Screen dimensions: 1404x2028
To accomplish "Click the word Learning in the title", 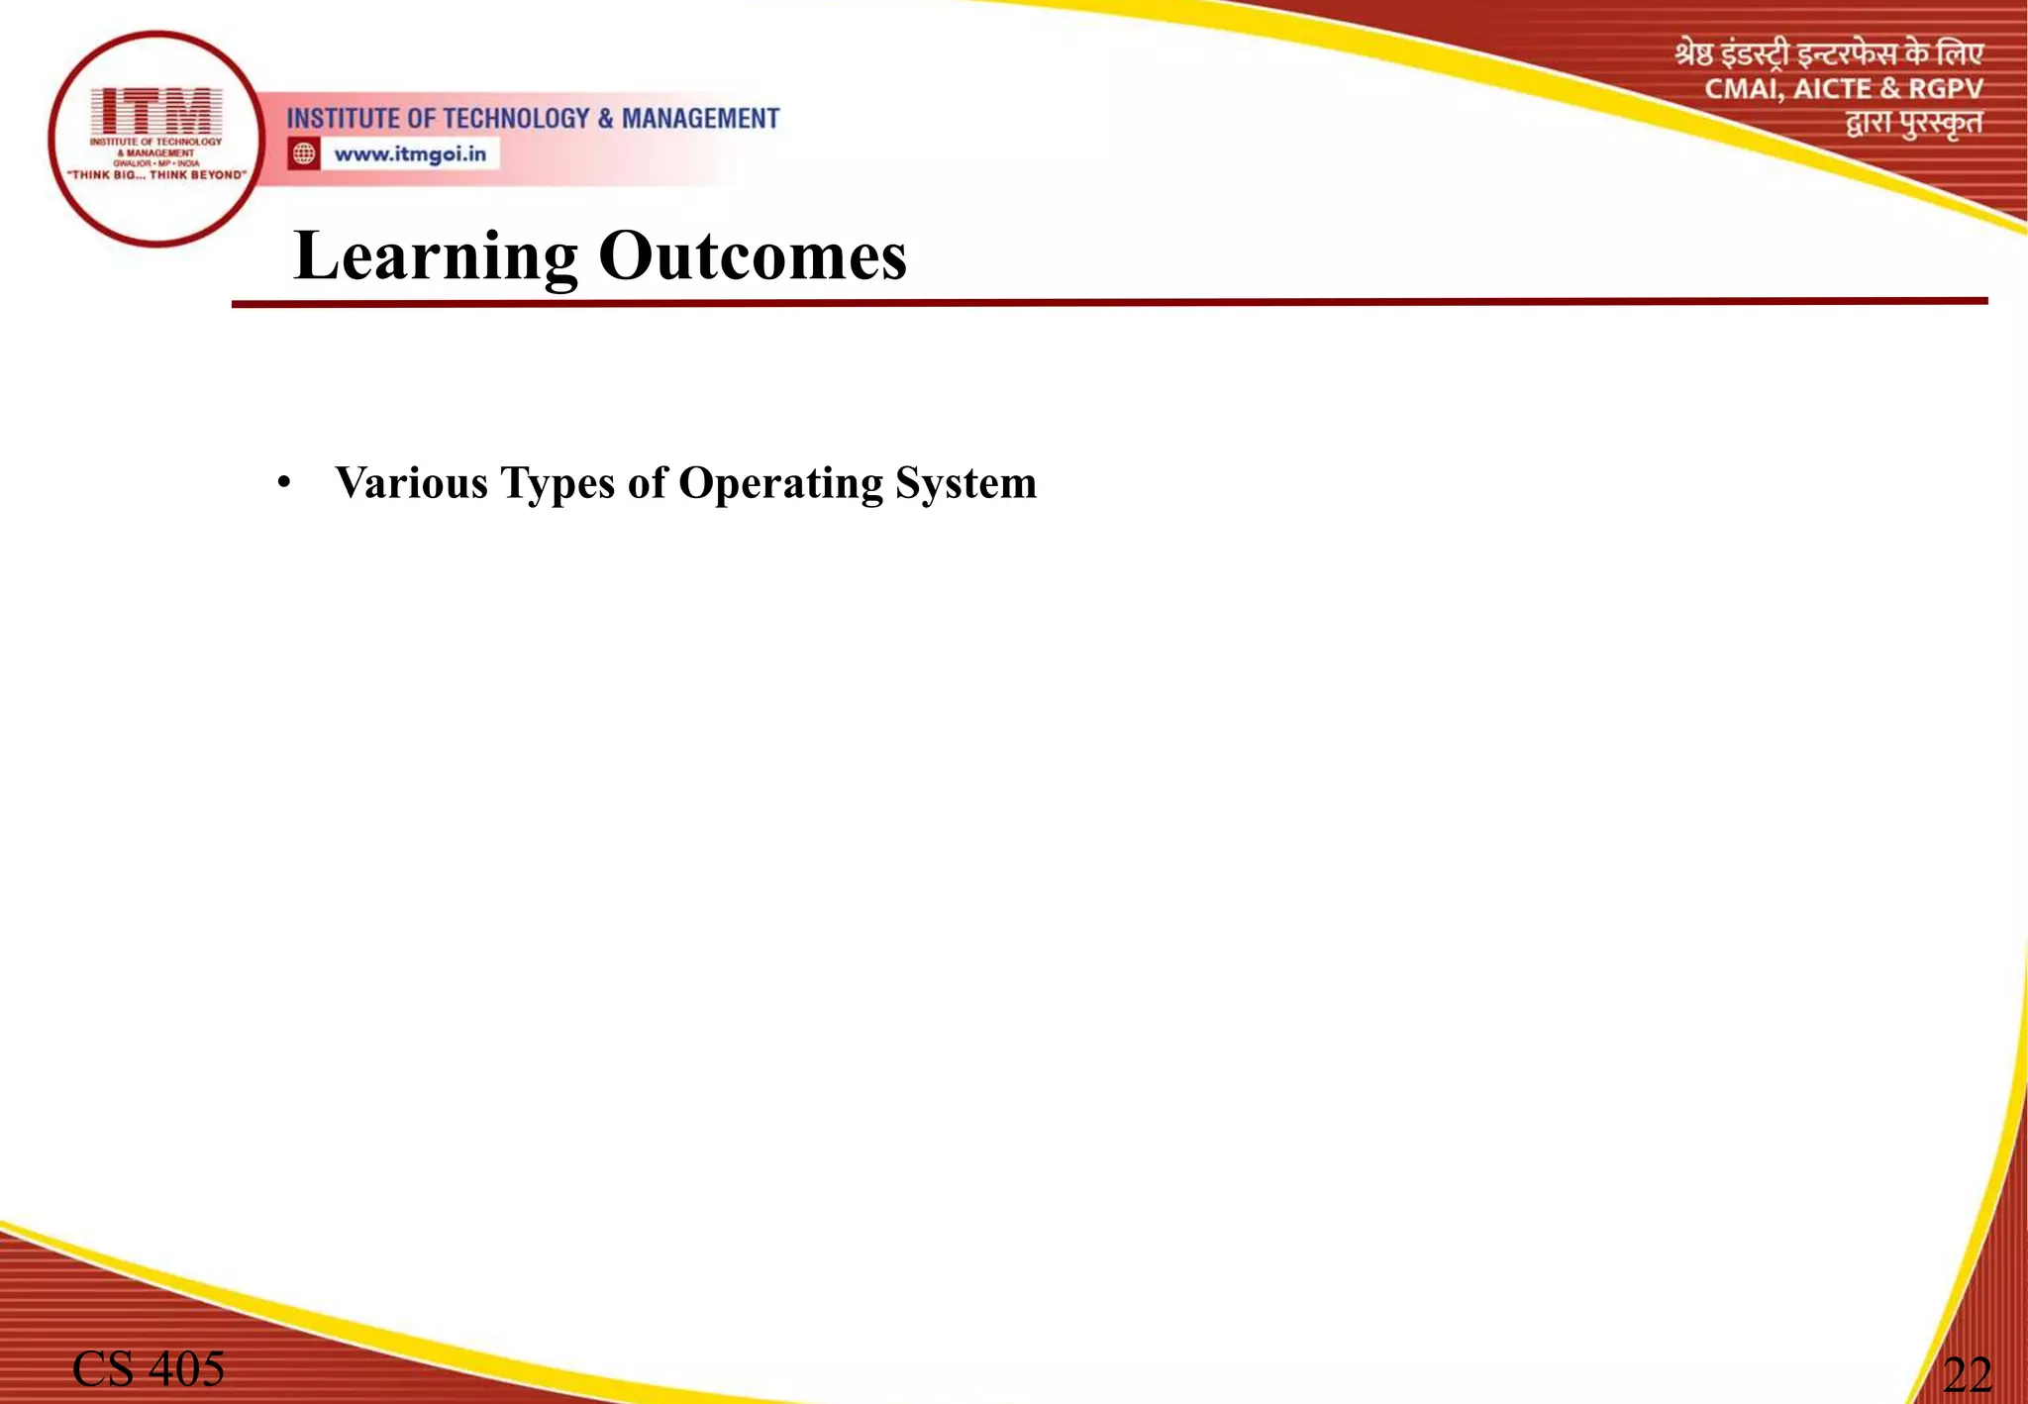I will click(x=436, y=257).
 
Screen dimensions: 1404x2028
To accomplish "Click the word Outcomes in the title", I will click(x=753, y=255).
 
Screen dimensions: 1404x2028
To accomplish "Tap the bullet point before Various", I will click(x=284, y=483).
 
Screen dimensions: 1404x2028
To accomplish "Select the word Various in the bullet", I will click(x=412, y=483).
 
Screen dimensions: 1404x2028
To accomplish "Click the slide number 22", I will click(x=1967, y=1374).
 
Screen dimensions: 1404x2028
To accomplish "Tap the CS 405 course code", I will click(x=149, y=1369).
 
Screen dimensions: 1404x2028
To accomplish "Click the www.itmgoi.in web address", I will click(x=410, y=154).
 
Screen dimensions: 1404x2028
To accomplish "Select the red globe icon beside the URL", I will click(x=304, y=154).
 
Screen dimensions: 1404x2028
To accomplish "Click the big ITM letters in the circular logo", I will click(x=156, y=110).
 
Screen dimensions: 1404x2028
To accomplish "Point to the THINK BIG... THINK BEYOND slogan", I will click(x=156, y=175).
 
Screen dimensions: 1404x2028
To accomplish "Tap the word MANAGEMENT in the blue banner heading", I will click(x=700, y=119).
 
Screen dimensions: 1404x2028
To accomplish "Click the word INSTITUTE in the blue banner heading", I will click(x=343, y=119).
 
